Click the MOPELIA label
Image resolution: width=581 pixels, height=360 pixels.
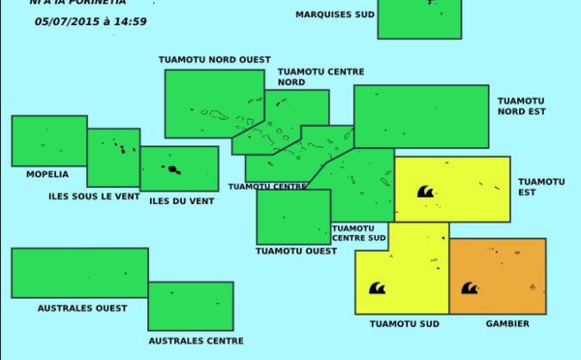47,175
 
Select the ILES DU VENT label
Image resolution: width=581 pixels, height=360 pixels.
182,201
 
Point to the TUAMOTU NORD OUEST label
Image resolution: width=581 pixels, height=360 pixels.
215,60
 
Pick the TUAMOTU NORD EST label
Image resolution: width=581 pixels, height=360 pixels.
522,105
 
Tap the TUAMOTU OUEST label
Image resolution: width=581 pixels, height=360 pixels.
296,251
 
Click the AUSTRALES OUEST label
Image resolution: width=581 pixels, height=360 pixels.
82,309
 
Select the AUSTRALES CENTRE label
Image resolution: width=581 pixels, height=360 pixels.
196,341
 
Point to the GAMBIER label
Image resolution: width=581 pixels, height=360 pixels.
507,324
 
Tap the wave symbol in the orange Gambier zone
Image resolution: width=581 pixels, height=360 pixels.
470,288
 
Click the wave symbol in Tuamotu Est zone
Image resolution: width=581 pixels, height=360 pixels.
425,192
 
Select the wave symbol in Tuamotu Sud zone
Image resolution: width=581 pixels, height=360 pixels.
378,288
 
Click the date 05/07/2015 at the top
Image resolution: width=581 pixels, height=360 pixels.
67,21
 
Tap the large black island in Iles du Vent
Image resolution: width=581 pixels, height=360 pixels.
173,169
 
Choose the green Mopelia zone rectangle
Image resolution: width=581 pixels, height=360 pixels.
48,141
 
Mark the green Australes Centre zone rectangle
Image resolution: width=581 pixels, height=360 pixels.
191,306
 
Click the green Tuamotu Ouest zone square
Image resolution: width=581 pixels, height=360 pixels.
293,217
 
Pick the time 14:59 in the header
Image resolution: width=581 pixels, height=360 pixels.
130,21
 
